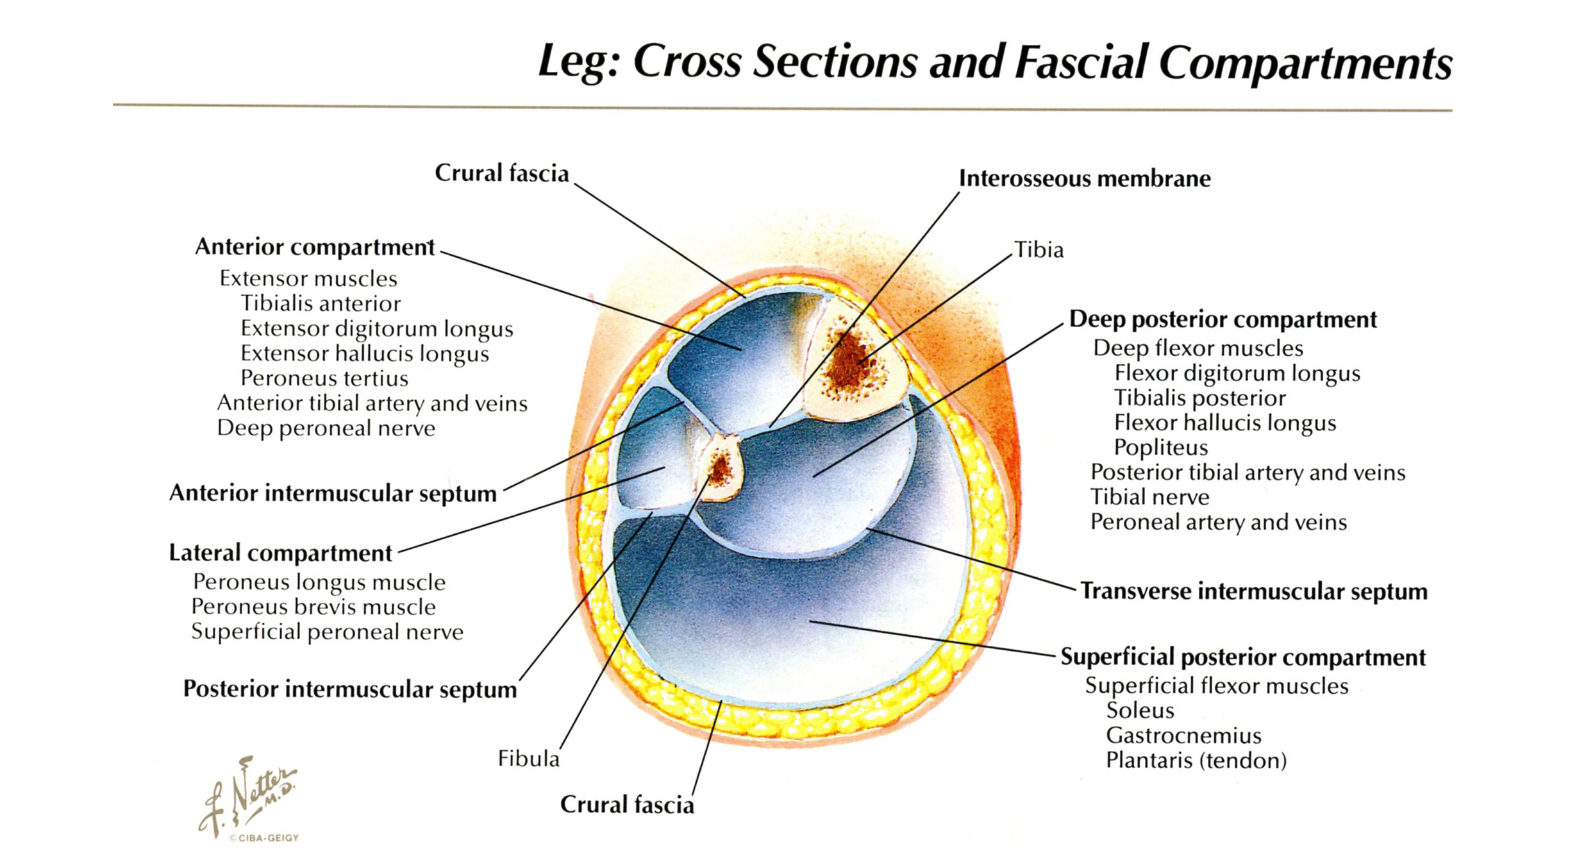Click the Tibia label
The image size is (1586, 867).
[x=1038, y=249]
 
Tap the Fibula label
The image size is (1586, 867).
[x=528, y=759]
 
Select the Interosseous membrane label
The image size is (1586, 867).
[x=1084, y=178]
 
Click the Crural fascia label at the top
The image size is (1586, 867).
[x=501, y=173]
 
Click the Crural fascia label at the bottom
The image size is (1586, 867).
[x=626, y=805]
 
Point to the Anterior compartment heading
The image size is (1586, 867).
[x=314, y=247]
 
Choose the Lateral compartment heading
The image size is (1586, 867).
[x=280, y=553]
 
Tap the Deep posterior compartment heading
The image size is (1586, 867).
[x=1223, y=319]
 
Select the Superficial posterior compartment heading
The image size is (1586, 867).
[x=1242, y=657]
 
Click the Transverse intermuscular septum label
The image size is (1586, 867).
[x=1253, y=591]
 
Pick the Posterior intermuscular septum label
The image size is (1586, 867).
[x=349, y=689]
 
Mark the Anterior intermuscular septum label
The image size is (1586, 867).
[x=333, y=494]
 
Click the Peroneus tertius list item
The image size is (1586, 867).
[x=324, y=378]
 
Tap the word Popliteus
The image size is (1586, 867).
[x=1160, y=448]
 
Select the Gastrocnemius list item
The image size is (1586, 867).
[x=1183, y=736]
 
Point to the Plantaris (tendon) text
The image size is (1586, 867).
[x=1196, y=761]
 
